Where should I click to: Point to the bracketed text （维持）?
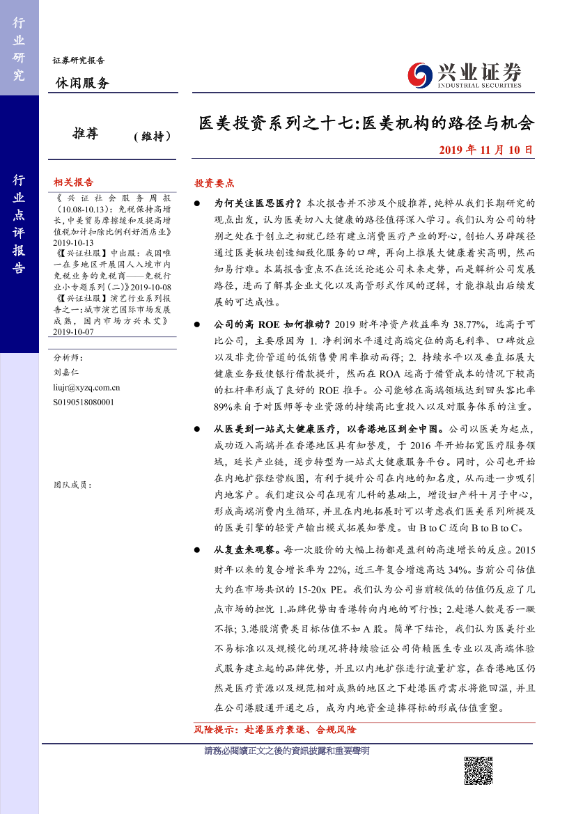pos(152,137)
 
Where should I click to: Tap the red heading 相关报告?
pos(73,182)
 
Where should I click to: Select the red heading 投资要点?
pos(214,183)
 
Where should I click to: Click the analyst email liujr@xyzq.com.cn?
pos(86,387)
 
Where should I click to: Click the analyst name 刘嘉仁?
pos(67,373)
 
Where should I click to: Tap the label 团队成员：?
pos(72,485)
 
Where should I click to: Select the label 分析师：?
pos(68,357)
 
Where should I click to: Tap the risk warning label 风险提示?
pos(216,730)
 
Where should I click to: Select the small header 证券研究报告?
pos(78,61)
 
